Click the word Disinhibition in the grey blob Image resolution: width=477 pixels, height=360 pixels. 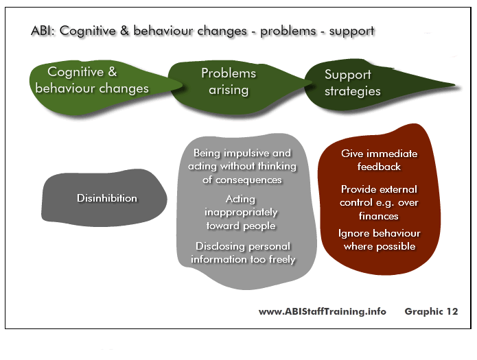(107, 198)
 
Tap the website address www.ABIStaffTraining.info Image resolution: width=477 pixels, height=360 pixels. (322, 311)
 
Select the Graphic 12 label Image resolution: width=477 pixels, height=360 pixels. (431, 311)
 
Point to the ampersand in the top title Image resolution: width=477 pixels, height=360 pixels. (124, 31)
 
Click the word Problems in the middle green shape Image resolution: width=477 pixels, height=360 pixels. (229, 73)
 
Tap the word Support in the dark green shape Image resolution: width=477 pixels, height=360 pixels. (348, 75)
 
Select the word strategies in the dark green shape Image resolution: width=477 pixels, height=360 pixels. (353, 91)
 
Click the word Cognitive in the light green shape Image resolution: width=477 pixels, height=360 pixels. (75, 72)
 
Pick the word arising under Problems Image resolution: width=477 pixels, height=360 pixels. (229, 90)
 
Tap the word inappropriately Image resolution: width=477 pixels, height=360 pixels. (241, 213)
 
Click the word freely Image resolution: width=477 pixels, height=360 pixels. (282, 259)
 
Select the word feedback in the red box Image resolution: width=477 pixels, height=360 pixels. (379, 167)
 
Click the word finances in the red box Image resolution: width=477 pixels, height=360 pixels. (379, 216)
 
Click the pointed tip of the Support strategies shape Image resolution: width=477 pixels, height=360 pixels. (455, 85)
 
